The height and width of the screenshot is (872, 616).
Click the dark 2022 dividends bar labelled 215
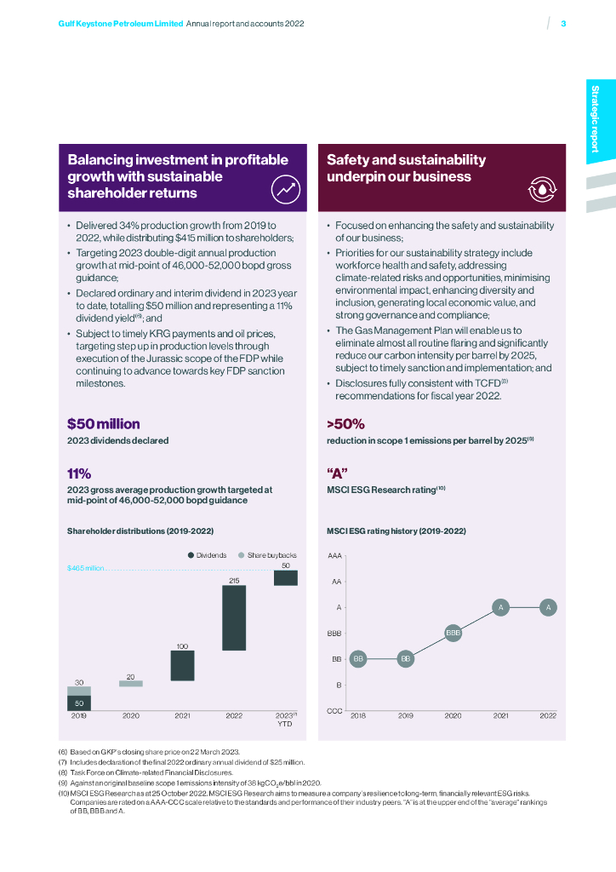pyautogui.click(x=234, y=618)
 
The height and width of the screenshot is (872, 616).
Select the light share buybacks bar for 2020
pyautogui.click(x=131, y=683)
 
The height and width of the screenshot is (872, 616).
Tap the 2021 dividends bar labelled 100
pyautogui.click(x=182, y=666)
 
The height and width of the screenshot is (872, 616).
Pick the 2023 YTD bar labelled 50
pyautogui.click(x=285, y=578)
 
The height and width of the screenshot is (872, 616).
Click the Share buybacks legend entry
pyautogui.click(x=265, y=554)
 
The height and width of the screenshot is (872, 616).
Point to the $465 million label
pyautogui.click(x=85, y=567)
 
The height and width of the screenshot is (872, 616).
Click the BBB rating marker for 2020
pyautogui.click(x=453, y=633)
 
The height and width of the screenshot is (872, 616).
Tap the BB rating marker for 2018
pyautogui.click(x=358, y=659)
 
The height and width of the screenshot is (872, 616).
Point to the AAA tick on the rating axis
pyautogui.click(x=335, y=555)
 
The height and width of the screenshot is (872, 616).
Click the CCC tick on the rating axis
pyautogui.click(x=335, y=711)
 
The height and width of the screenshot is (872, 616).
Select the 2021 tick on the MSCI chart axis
pyautogui.click(x=501, y=716)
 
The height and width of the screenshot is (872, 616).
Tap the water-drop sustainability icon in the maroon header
pyautogui.click(x=541, y=189)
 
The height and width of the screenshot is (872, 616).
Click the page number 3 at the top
pyautogui.click(x=563, y=24)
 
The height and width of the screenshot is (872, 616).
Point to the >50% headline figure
pyautogui.click(x=345, y=423)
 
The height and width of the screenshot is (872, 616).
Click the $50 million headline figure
pyautogui.click(x=104, y=423)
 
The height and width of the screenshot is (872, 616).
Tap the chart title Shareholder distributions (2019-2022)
pyautogui.click(x=140, y=531)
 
